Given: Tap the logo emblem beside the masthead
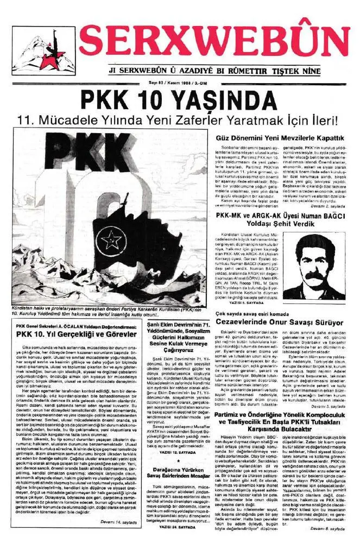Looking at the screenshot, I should tap(36, 52).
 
